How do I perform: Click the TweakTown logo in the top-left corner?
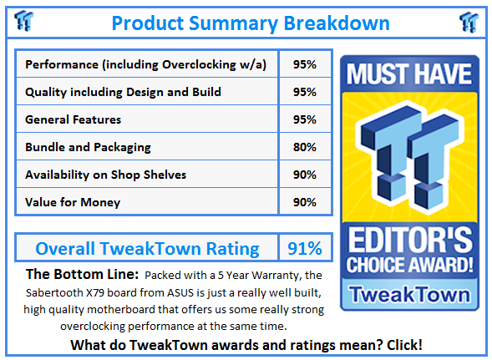tap(24, 21)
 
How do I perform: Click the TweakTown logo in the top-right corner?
tap(468, 21)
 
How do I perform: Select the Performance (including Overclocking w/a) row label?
tap(146, 64)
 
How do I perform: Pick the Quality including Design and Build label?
tap(124, 92)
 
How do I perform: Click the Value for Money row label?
tap(73, 202)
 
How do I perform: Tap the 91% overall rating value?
tap(305, 248)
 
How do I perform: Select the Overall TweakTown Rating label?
tap(146, 248)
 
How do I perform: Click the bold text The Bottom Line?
tap(81, 274)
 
